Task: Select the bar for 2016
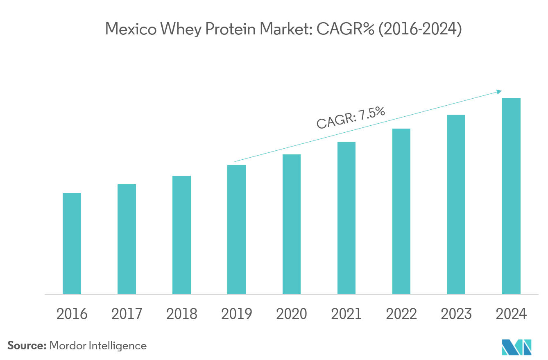(72, 243)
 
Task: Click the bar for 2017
(127, 239)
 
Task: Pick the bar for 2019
(236, 229)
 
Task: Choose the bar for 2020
(291, 224)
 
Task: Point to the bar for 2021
(346, 218)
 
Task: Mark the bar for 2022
(401, 211)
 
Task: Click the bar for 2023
(456, 204)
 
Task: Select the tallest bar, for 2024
(511, 196)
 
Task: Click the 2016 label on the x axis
(72, 314)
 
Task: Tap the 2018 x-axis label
(181, 314)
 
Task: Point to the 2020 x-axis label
(291, 314)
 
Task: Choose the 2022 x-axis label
(401, 314)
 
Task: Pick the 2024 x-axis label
(511, 314)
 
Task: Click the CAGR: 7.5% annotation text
(351, 118)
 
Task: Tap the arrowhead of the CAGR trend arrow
(499, 92)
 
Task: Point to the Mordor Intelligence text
(98, 346)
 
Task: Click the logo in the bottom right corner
(516, 347)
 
